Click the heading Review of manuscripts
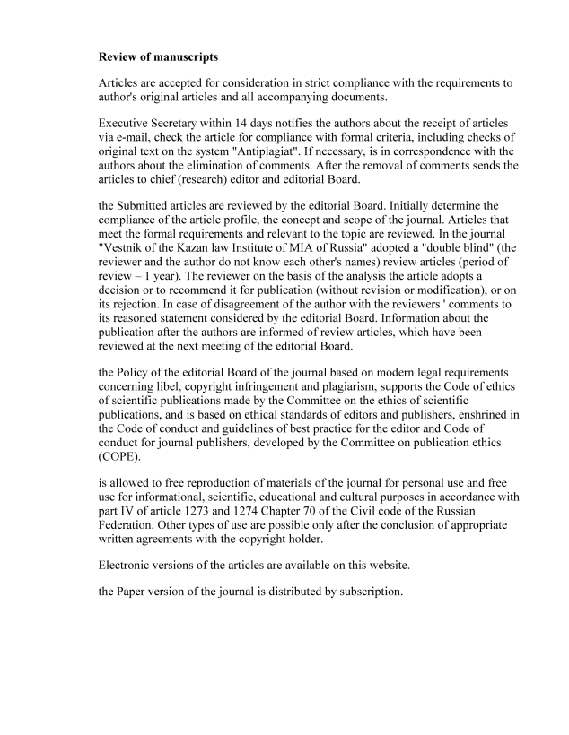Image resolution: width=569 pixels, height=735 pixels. pos(158,57)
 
